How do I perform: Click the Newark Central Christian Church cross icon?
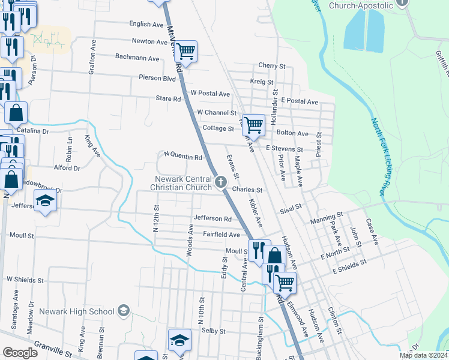221,181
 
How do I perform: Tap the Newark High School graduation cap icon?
124,311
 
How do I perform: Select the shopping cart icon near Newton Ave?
186,52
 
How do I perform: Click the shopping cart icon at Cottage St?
254,124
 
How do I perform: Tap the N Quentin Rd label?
182,157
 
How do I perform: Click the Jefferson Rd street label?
212,219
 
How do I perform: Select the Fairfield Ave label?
221,235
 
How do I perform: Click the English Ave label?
146,25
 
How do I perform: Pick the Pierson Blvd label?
157,78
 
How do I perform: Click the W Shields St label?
25,280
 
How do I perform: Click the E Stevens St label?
285,148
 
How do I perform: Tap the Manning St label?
327,214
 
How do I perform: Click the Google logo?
20,353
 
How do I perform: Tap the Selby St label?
213,331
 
